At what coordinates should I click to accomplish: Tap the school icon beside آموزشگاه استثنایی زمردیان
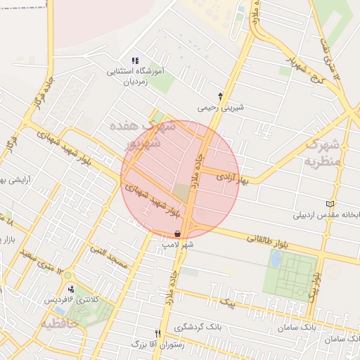(x=135, y=60)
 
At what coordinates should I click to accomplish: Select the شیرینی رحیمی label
(x=221, y=108)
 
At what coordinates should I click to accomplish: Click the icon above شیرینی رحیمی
(x=221, y=96)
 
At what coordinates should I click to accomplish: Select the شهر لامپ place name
(x=178, y=245)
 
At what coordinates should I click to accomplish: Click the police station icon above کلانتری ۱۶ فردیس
(x=70, y=288)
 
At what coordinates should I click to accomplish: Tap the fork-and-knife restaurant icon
(x=157, y=333)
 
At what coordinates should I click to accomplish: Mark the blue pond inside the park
(x=276, y=259)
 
